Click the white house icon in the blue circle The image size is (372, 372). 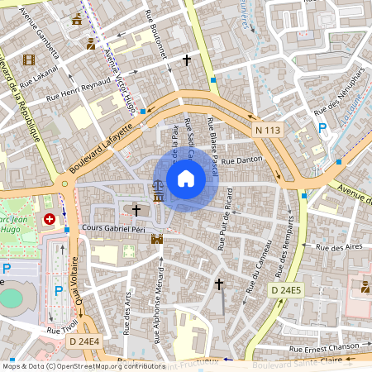[186, 178]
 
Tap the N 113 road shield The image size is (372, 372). [269, 130]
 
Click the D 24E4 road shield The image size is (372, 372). [83, 341]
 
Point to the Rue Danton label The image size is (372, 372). [241, 159]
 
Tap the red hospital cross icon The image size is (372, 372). [50, 220]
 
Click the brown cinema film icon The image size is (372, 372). [30, 60]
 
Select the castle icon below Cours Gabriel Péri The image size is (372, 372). [157, 239]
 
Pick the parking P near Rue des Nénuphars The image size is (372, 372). [322, 128]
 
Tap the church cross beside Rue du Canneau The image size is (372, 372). [219, 284]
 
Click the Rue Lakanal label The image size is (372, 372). [38, 81]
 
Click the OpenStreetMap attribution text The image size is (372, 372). [83, 365]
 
